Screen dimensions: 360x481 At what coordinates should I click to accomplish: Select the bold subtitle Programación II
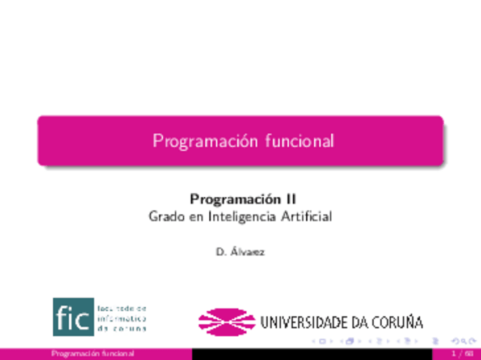pos(243,199)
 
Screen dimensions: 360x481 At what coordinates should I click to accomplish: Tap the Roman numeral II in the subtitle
pos(290,199)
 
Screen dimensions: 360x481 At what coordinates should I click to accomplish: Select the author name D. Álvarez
pos(241,252)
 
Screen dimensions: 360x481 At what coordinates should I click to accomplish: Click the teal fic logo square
pos(73,317)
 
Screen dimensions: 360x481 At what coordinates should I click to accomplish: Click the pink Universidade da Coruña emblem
pos(226,321)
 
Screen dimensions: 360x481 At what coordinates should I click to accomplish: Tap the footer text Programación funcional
pos(92,354)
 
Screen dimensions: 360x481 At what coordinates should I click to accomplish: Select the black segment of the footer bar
pos(318,354)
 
